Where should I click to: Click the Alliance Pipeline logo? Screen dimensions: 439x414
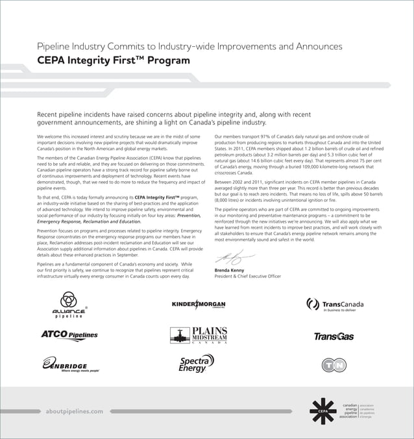tap(68, 306)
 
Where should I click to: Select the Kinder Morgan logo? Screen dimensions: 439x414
tap(199, 305)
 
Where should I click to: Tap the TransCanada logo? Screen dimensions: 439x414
tap(335, 305)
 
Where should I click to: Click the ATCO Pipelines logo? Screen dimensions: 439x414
tap(69, 335)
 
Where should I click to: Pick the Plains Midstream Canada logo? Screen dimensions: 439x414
tap(199, 335)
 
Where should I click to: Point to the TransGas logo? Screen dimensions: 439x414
tap(334, 336)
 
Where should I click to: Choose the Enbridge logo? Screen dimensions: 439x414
tap(71, 364)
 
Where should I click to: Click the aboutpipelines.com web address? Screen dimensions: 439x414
tap(74, 411)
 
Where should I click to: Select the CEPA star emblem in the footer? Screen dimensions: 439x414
tap(323, 410)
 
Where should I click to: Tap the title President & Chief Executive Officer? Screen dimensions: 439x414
tap(247, 276)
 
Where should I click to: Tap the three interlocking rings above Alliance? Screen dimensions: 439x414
tap(68, 299)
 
